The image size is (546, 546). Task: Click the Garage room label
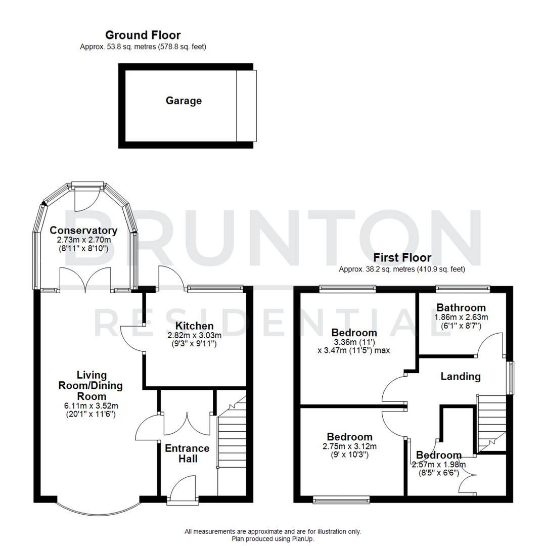click(x=184, y=101)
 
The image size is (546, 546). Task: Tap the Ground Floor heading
click(x=143, y=35)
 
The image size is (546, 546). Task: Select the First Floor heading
click(x=402, y=258)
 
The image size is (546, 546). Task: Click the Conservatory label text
click(x=83, y=231)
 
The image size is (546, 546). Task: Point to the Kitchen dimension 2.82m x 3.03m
click(x=194, y=335)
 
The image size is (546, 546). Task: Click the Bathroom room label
click(x=461, y=307)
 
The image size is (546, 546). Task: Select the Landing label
click(x=460, y=376)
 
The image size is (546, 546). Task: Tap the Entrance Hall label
click(x=187, y=453)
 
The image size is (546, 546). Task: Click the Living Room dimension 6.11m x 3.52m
click(x=92, y=406)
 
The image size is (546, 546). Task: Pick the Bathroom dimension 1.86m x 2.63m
click(x=461, y=317)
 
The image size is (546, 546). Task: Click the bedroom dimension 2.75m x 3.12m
click(x=349, y=446)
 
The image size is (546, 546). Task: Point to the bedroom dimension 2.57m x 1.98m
click(x=439, y=465)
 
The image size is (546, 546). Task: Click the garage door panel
click(x=246, y=106)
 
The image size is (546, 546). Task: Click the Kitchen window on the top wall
click(x=214, y=289)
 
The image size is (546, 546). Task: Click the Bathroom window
click(x=463, y=289)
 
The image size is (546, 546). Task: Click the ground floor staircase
click(x=231, y=445)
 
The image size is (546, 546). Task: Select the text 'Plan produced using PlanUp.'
click(x=272, y=539)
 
